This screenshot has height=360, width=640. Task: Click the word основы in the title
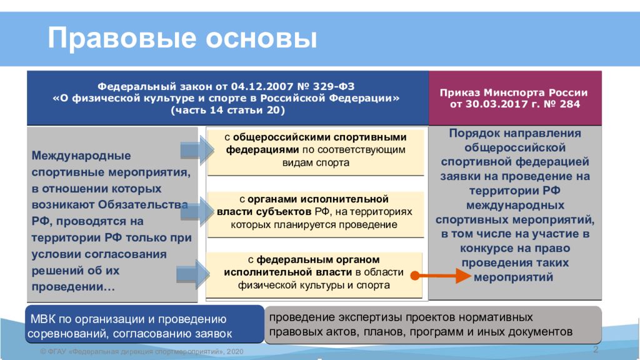(261, 38)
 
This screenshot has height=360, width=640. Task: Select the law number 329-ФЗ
(334, 86)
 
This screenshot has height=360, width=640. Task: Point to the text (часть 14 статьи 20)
(227, 110)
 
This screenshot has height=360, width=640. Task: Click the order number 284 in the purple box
(570, 104)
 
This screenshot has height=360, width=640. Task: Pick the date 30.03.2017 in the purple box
(494, 104)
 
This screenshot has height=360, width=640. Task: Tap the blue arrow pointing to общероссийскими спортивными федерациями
(197, 150)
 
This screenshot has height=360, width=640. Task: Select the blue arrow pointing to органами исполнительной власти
(197, 211)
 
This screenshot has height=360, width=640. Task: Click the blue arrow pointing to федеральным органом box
(193, 274)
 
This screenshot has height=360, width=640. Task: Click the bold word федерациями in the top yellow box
(262, 150)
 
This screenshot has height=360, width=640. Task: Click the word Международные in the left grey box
(81, 156)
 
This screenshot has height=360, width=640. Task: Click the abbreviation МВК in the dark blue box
(43, 319)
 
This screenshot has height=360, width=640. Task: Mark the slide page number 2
(596, 349)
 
